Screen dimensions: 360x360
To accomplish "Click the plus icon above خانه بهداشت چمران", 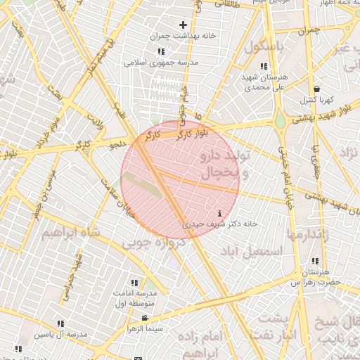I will (183, 25).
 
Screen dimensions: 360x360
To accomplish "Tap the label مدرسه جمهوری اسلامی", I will (162, 63).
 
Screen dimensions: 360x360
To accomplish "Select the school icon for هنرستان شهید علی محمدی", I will (264, 66).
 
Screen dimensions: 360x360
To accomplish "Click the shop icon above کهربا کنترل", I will (317, 89).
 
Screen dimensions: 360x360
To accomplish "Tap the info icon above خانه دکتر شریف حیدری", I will (221, 213).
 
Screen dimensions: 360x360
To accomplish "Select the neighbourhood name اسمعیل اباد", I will (252, 251).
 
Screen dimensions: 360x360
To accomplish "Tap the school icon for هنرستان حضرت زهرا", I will (315, 262).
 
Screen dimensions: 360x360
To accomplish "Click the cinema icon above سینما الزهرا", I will (145, 319).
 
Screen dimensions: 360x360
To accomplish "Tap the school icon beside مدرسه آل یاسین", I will (60, 323).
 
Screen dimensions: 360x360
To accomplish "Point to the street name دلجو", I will (117, 145).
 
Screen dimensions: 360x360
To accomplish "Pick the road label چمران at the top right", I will (308, 31).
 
